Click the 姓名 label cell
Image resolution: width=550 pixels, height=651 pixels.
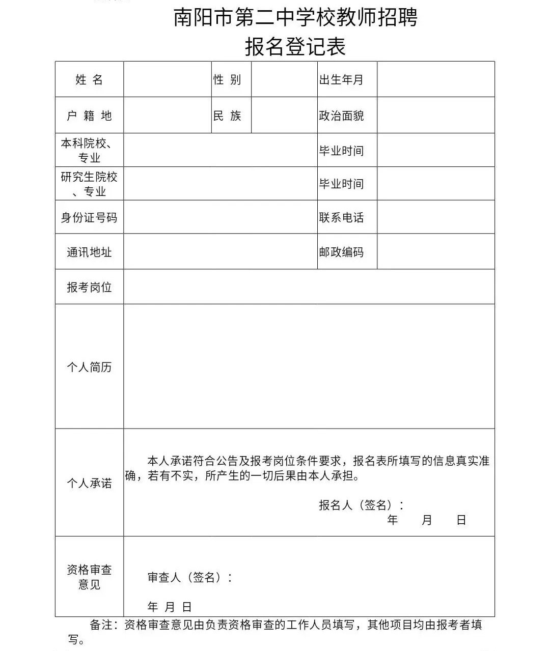coord(89,79)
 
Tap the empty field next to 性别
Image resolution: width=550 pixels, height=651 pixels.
coord(284,79)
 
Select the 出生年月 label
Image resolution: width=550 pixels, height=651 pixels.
coord(341,79)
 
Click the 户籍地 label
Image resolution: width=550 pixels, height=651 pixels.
coord(89,116)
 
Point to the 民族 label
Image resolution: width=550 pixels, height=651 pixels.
coord(227,116)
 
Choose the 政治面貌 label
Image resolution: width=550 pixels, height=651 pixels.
coord(341,116)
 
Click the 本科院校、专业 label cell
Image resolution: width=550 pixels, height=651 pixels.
coord(89,150)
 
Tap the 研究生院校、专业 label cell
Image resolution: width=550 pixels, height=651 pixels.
coord(89,184)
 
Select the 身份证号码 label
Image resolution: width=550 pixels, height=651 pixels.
coord(89,217)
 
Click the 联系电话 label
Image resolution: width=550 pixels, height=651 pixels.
coord(341,217)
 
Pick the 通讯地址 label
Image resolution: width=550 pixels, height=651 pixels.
coord(89,252)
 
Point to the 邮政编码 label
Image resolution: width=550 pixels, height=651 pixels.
coord(341,252)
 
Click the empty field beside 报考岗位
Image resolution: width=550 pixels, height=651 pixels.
coord(309,287)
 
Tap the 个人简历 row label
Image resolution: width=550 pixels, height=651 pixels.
coord(89,367)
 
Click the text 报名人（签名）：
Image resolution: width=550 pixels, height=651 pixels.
coord(362,505)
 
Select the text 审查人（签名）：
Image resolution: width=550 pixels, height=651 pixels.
coord(190,577)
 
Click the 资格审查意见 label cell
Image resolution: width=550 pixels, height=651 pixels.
coord(89,577)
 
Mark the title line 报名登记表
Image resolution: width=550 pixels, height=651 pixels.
coord(295,47)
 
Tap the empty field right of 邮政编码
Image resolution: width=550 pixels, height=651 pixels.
coord(435,252)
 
